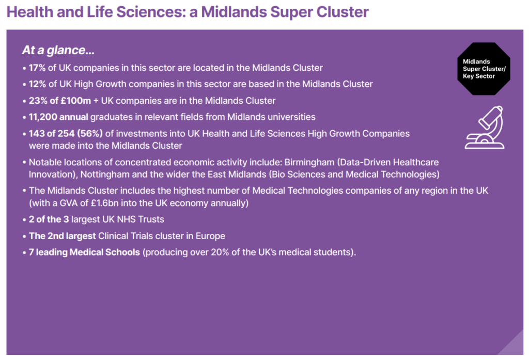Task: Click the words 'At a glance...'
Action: (x=58, y=51)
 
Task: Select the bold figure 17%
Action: (x=37, y=68)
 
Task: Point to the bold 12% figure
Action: (x=37, y=84)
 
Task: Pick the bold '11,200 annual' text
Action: (x=58, y=117)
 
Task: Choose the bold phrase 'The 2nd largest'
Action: (x=62, y=236)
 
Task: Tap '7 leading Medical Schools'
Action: (x=84, y=253)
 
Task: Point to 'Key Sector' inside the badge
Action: (x=478, y=76)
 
